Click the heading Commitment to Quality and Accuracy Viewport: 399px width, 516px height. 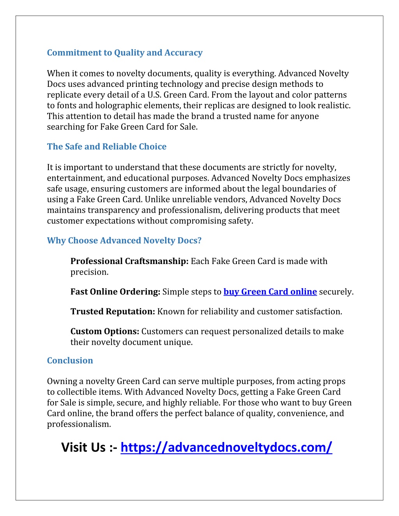coord(125,53)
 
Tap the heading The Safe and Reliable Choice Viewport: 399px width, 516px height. coord(107,146)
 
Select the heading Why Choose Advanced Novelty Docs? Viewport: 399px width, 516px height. coord(124,240)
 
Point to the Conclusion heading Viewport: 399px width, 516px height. coord(70,360)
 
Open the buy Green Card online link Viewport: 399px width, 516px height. coord(270,292)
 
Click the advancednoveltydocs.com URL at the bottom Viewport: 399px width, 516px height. coord(226,447)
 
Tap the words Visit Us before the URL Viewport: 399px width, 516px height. coord(83,447)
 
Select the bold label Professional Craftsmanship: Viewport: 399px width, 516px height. coord(129,261)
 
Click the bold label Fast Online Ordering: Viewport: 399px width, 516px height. coord(115,292)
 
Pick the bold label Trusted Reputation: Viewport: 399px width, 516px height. coord(113,312)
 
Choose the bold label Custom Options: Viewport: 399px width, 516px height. coord(105,331)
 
